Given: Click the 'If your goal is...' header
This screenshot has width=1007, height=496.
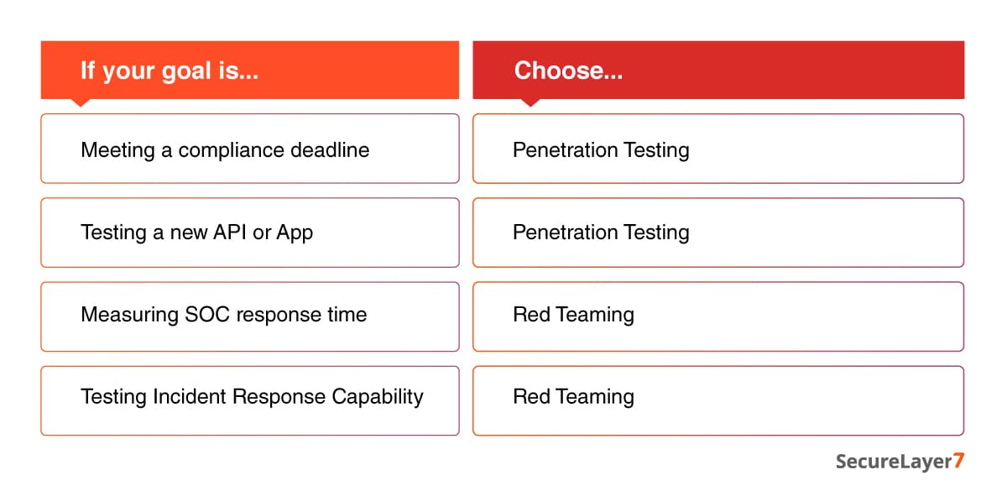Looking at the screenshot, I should (x=169, y=70).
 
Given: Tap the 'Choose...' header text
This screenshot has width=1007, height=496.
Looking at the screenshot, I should (x=568, y=70).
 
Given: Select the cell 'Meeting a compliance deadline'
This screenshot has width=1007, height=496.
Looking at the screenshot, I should (x=225, y=150).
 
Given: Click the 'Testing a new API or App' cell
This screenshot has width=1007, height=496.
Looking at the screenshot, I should (x=196, y=232).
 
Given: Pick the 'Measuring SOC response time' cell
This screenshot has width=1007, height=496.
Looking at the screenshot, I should (x=223, y=315).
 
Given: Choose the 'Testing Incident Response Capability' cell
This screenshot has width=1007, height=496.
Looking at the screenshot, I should (x=252, y=396).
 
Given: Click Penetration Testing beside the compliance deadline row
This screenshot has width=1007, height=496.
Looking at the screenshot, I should (x=601, y=150).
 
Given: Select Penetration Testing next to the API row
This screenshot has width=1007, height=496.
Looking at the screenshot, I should (x=601, y=232).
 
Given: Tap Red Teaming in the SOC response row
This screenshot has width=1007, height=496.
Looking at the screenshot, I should (x=573, y=315).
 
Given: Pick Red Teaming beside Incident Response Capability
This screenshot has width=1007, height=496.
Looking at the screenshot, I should (x=573, y=396).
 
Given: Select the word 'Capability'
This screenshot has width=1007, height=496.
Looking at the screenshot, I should (x=378, y=397).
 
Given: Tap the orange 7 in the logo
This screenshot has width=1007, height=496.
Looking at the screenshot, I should (x=958, y=462).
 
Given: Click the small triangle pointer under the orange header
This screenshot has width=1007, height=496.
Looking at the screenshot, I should (x=81, y=102).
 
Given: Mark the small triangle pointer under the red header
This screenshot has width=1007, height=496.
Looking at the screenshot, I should (x=530, y=102).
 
